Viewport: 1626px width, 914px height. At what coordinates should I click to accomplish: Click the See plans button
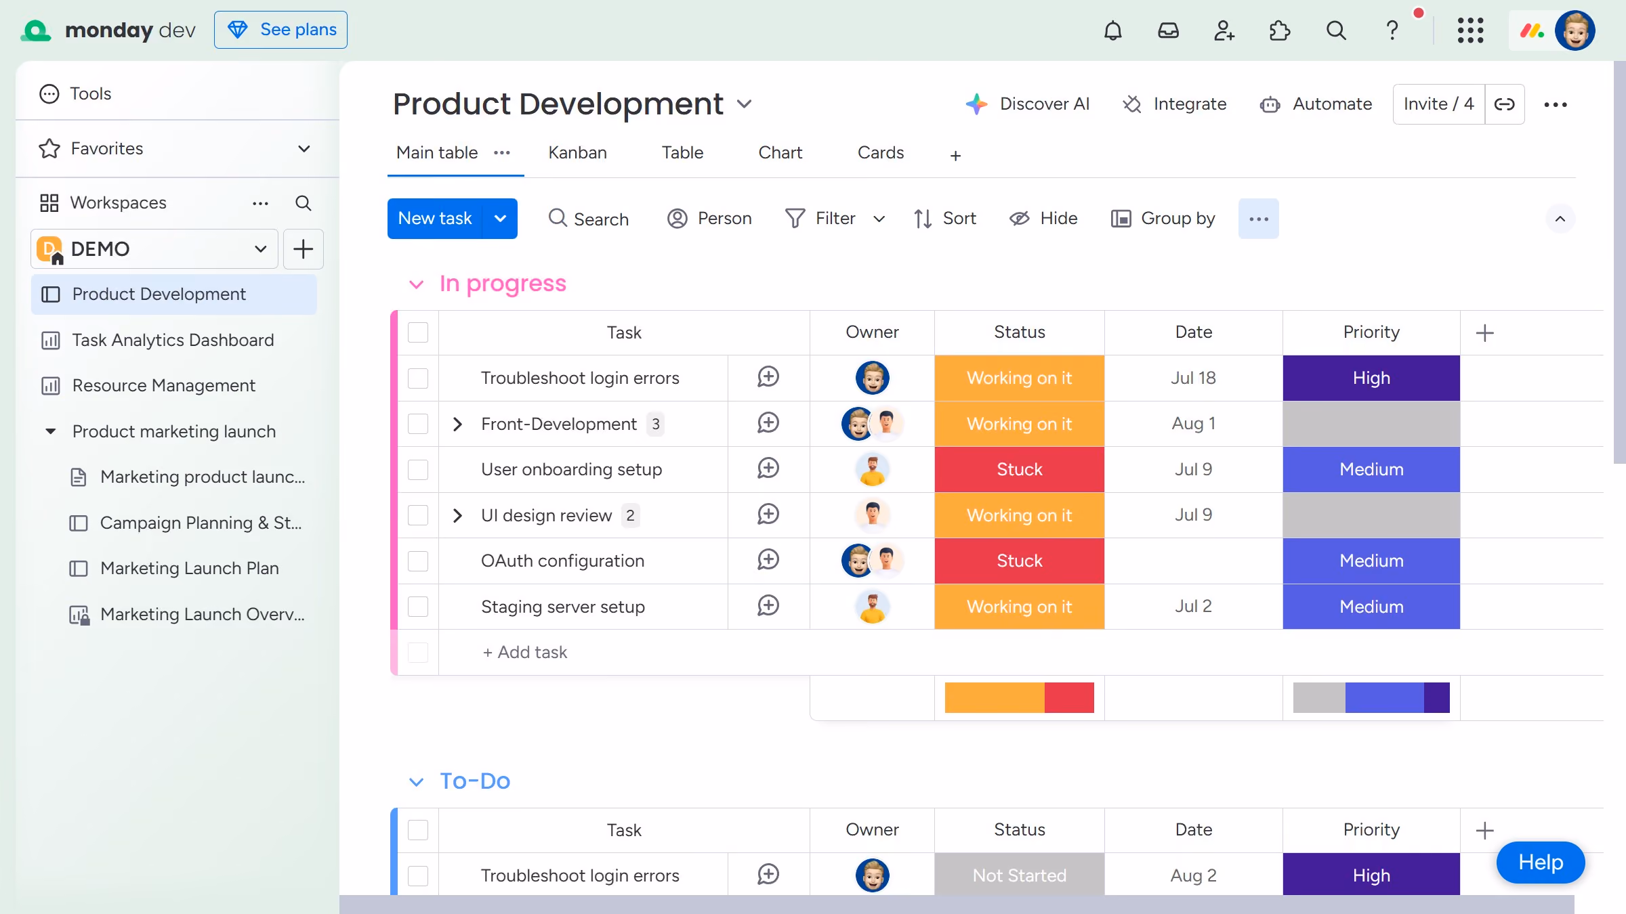(x=280, y=30)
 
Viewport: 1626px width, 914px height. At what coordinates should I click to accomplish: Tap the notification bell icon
(x=1112, y=30)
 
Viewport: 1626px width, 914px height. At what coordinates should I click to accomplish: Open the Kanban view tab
(x=577, y=153)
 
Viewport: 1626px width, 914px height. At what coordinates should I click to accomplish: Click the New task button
(x=435, y=219)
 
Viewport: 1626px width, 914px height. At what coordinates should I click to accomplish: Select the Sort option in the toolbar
(x=944, y=219)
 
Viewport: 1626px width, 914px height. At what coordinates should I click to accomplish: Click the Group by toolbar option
(x=1163, y=219)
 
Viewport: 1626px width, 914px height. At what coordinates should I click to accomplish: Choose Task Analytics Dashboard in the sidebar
(x=173, y=340)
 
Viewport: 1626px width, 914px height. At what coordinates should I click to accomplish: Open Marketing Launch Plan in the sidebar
(x=189, y=568)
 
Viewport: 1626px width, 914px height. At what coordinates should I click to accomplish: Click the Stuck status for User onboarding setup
(x=1019, y=469)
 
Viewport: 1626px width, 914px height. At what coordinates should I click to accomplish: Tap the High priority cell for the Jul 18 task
(x=1371, y=378)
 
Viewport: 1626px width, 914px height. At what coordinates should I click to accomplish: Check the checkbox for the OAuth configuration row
(x=418, y=561)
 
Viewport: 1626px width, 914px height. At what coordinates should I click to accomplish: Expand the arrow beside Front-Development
(x=457, y=424)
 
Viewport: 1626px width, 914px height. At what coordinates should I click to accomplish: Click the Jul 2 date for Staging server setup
(x=1193, y=606)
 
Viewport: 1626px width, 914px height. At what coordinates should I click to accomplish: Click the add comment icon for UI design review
(x=768, y=515)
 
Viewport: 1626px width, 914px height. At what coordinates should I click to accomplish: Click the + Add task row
(x=525, y=652)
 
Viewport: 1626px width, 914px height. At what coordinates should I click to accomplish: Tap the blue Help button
(x=1540, y=863)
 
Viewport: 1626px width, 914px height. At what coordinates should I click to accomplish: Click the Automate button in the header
(x=1316, y=104)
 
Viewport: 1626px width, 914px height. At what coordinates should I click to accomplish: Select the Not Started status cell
(x=1019, y=875)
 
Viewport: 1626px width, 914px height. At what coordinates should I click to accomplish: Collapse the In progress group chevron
(x=416, y=284)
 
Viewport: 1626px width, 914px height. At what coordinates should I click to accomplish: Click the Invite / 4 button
(x=1438, y=104)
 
